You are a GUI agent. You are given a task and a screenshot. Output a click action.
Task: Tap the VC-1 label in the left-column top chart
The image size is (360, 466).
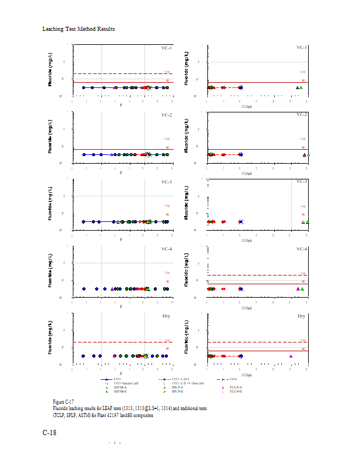click(x=167, y=48)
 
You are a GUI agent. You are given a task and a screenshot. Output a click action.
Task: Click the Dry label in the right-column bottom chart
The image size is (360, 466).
click(x=301, y=316)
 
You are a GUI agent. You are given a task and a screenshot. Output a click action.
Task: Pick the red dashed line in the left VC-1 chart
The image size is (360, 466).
click(x=117, y=73)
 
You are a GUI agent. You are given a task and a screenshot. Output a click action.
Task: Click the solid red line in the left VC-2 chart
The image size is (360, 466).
click(x=117, y=149)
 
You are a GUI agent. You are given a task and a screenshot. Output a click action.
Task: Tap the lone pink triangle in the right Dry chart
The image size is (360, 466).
click(x=291, y=356)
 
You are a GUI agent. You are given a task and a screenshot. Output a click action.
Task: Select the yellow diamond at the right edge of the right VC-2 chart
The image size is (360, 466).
click(x=308, y=155)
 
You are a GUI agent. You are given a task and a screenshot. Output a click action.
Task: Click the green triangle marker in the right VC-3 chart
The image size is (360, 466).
click(x=308, y=222)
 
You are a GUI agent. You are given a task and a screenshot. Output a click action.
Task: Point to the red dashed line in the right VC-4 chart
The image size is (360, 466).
click(x=256, y=275)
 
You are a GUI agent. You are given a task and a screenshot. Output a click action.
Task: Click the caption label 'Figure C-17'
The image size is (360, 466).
click(x=63, y=402)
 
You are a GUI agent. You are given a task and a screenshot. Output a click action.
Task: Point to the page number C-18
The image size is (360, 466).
click(x=50, y=433)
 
